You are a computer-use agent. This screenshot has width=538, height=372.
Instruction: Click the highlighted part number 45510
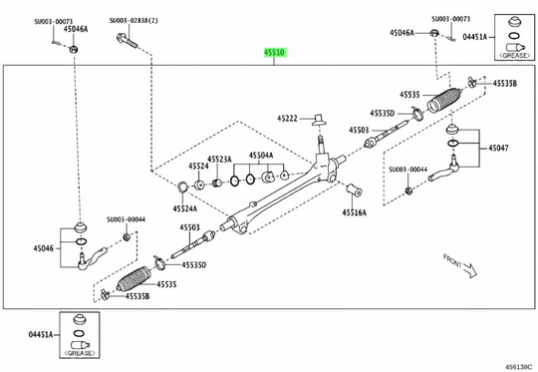(275, 52)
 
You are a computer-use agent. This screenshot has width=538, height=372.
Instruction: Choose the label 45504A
(262, 156)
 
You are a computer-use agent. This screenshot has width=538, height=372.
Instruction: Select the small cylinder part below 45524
(199, 184)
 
